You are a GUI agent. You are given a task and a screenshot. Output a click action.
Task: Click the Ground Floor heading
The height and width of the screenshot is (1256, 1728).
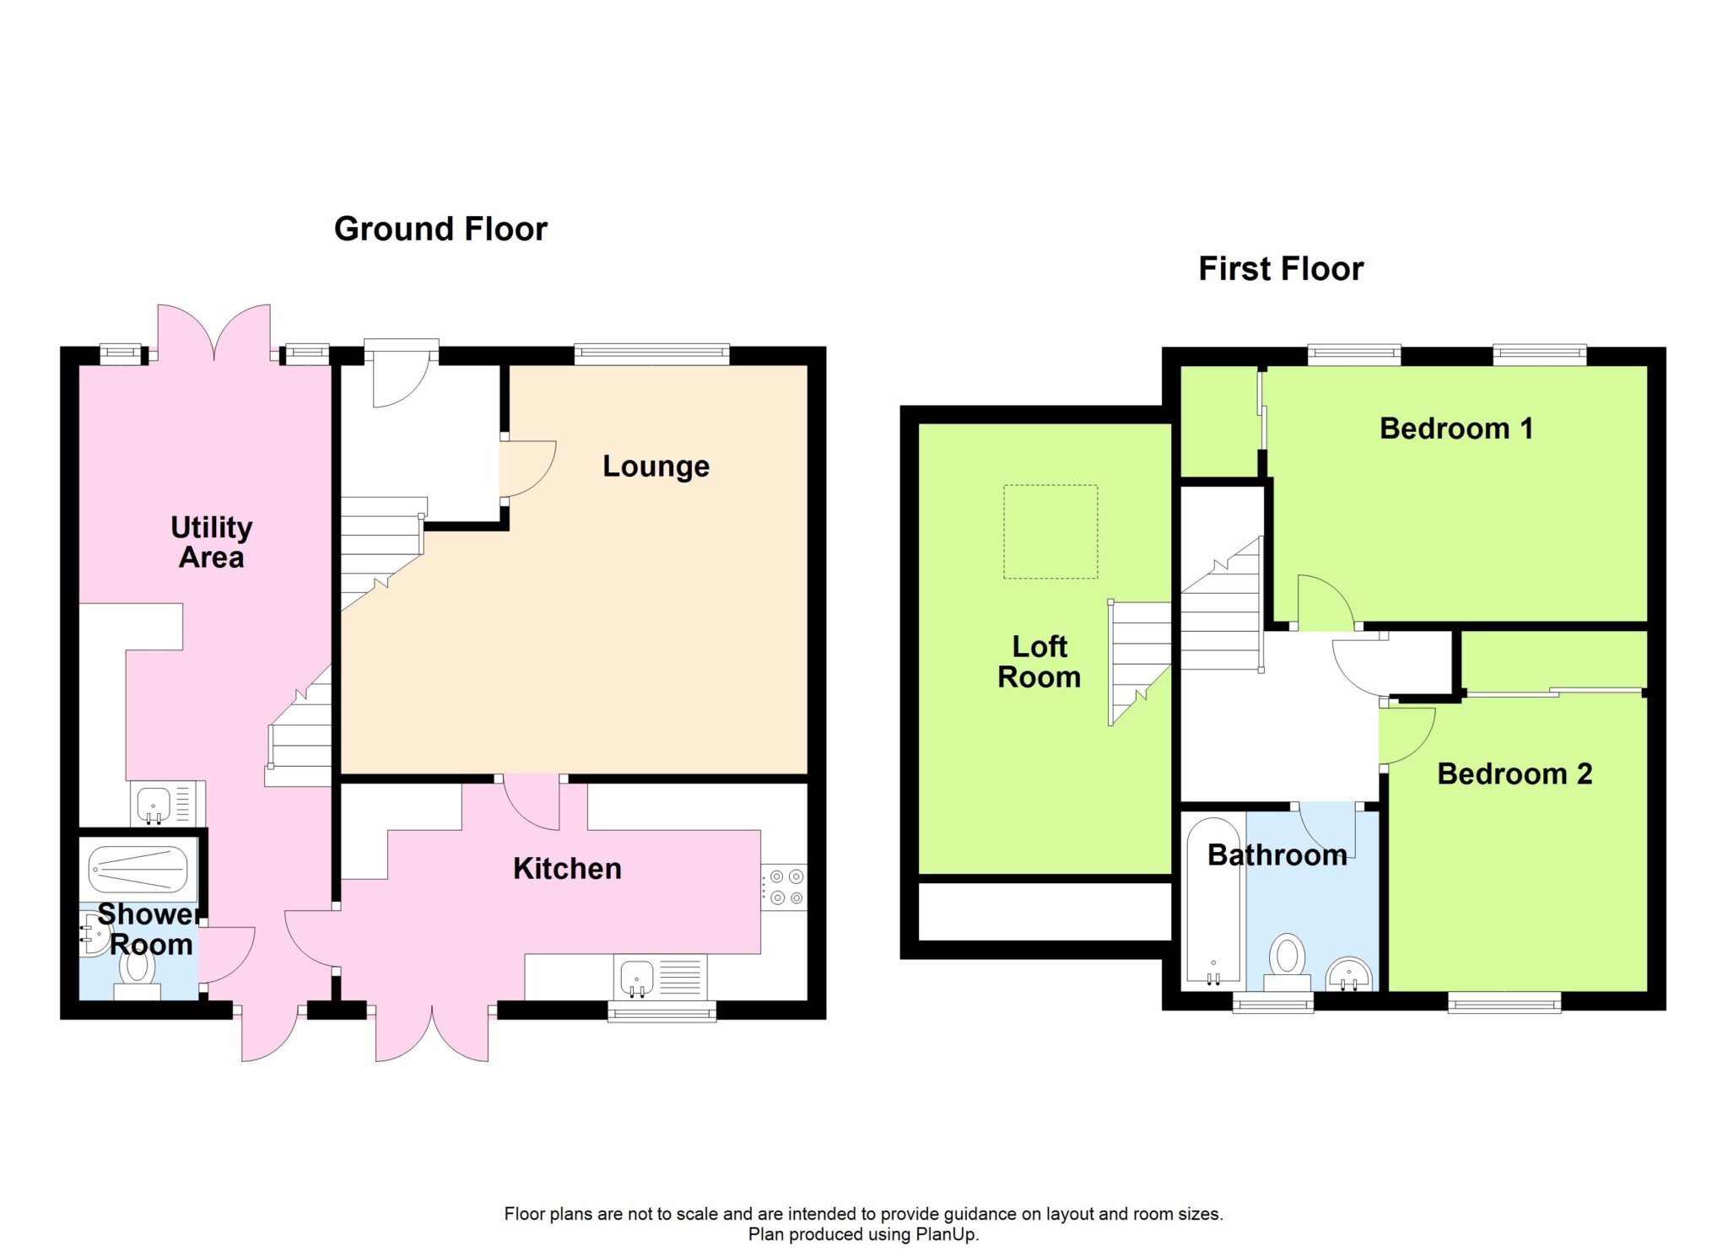pos(440,229)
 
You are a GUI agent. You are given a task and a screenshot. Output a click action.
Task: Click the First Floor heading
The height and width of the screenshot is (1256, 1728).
pos(1281,269)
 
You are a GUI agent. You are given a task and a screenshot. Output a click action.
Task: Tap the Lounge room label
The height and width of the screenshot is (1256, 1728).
pos(656,466)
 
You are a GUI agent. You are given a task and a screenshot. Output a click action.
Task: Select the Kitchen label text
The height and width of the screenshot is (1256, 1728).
pos(567,869)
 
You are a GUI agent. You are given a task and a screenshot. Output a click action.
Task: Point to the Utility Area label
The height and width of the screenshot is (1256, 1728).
pos(211,542)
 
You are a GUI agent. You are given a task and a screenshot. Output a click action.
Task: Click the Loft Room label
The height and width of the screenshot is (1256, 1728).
pos(1039,662)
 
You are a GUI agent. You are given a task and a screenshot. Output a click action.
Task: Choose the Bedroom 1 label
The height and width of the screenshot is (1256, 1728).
pos(1456,429)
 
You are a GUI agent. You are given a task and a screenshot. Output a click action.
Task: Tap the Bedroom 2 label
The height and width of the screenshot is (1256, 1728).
pos(1515,774)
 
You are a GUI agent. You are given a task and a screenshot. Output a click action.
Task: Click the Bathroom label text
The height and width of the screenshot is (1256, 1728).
pos(1277,855)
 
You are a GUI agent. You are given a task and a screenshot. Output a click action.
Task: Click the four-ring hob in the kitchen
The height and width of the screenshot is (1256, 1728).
pos(785,887)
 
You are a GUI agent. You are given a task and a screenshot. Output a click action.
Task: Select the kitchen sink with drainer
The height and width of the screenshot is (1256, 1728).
pos(661,978)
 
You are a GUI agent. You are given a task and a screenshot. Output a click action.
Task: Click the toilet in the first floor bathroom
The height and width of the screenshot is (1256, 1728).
pos(1288,962)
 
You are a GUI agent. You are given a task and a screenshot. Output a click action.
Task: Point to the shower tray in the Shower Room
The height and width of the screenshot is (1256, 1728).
pos(138,869)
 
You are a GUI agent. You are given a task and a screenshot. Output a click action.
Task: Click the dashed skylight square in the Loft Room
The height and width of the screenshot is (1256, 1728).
pos(1050,531)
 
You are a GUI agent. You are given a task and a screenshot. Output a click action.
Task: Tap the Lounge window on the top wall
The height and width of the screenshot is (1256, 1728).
pos(651,354)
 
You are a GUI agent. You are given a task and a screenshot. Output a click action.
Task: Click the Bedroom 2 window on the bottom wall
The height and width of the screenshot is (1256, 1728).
pos(1504,1001)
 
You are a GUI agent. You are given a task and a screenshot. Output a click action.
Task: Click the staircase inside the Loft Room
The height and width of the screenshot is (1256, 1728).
pos(1140,663)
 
